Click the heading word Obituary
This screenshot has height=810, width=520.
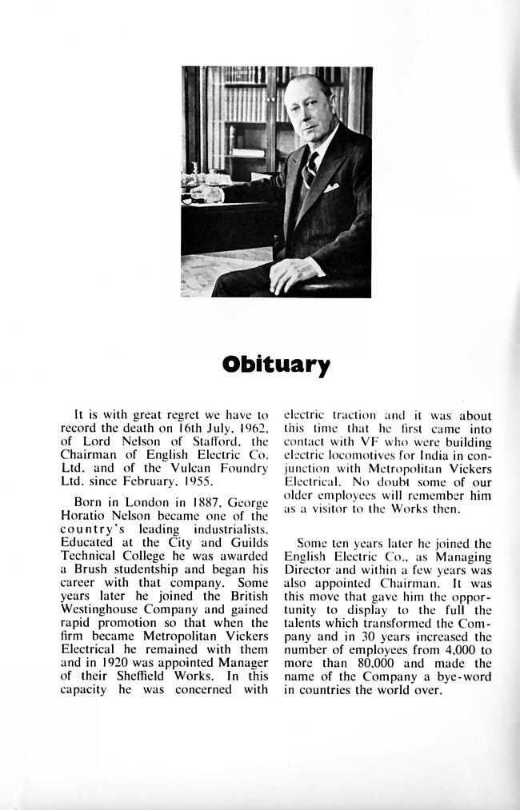click(x=276, y=365)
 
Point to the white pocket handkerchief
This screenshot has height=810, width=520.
click(x=331, y=189)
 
